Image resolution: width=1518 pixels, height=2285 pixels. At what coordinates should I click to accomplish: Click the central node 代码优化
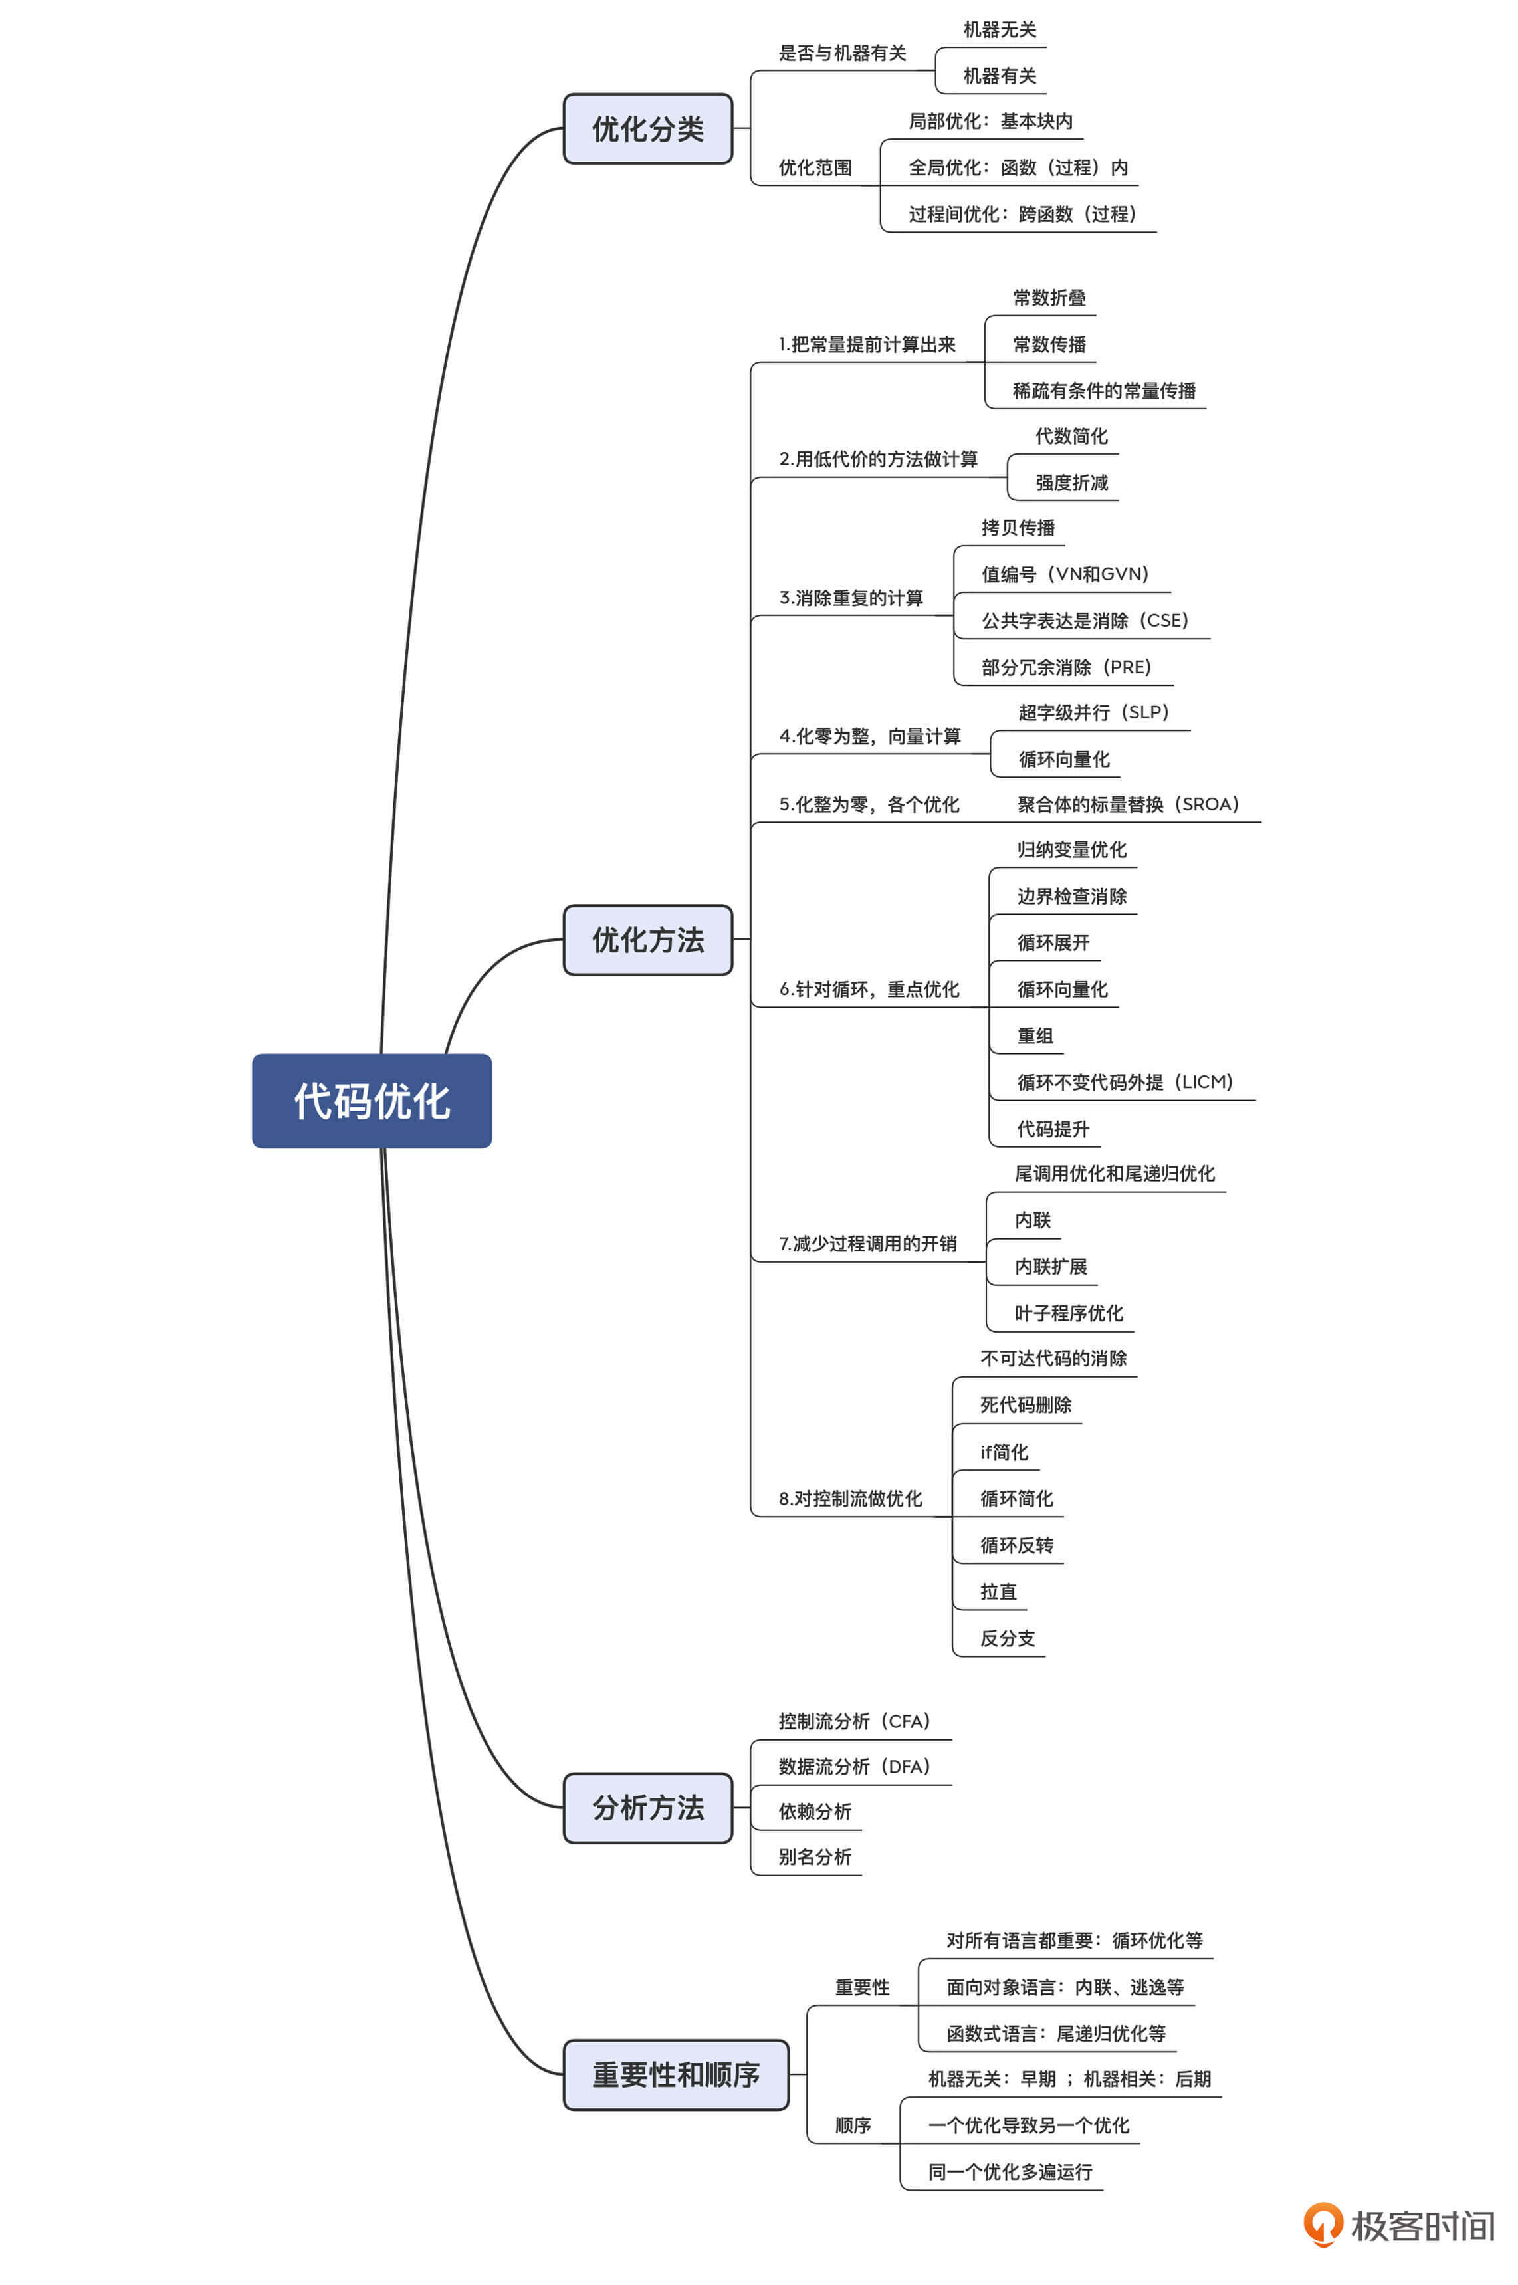[372, 1101]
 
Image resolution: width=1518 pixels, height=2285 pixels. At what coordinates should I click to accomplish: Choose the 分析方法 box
[647, 1808]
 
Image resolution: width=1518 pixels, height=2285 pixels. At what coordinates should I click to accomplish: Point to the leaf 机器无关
[999, 30]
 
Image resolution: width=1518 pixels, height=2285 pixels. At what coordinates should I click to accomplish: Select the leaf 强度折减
[1071, 482]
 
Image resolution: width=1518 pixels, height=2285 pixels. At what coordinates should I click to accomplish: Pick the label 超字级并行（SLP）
[1093, 712]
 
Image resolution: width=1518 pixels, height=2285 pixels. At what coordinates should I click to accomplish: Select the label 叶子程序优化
[1069, 1313]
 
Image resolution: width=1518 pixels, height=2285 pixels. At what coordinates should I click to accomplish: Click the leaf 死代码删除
[1026, 1405]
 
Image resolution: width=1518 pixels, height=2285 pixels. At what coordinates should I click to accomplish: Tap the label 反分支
[1007, 1638]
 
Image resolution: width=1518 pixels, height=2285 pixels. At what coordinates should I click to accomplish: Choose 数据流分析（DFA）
[854, 1766]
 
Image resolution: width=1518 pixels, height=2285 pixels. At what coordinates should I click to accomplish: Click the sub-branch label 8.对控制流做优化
[850, 1499]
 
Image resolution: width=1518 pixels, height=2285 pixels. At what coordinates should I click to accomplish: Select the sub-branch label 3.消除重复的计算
[851, 598]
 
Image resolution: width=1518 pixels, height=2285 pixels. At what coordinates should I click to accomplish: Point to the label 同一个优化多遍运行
[1010, 2172]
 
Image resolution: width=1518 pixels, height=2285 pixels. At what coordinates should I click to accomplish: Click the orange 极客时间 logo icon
[1323, 2223]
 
